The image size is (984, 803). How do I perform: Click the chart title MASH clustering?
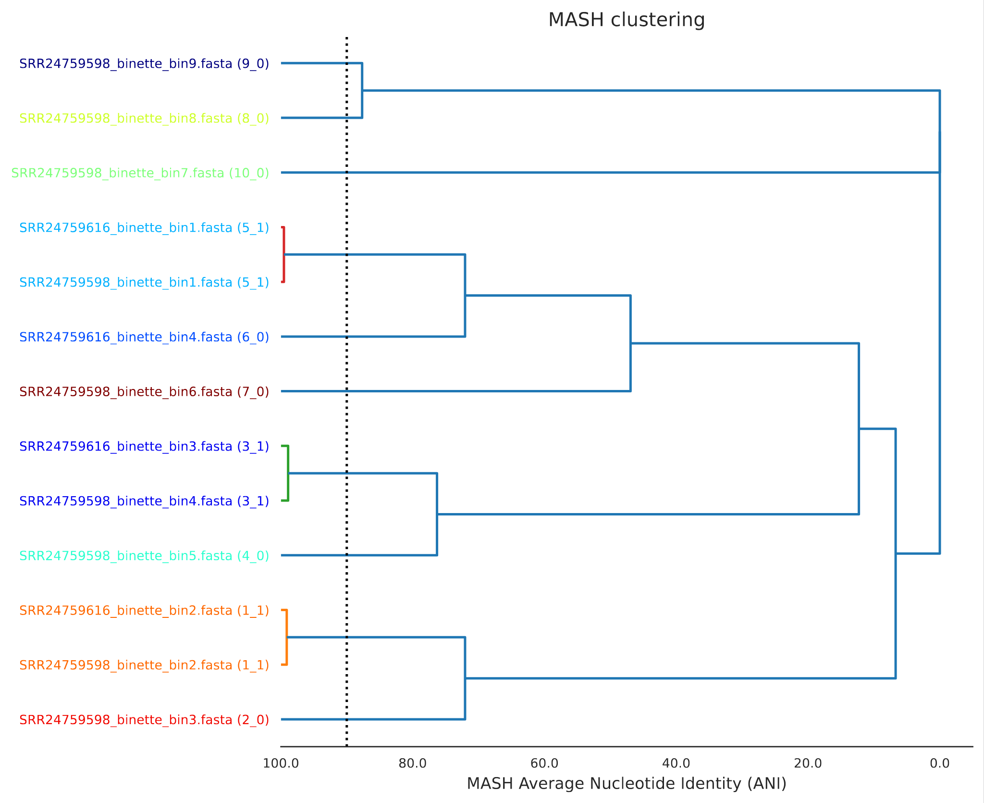(626, 20)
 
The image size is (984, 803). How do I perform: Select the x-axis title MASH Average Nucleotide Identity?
(626, 784)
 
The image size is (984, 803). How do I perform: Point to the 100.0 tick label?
(281, 764)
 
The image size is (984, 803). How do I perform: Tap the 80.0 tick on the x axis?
(412, 764)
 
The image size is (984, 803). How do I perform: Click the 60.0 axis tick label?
(544, 764)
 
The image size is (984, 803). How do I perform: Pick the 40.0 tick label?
(676, 764)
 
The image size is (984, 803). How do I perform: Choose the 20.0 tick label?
(808, 764)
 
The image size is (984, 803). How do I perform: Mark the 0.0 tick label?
(939, 764)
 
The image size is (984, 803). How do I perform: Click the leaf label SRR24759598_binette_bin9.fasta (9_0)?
(144, 63)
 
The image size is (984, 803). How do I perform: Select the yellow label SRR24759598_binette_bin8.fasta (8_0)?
(144, 118)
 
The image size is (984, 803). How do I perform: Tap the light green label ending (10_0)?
(140, 173)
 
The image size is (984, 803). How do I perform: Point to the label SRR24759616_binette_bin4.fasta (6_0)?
(144, 337)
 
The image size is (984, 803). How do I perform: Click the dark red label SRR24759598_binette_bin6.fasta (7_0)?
(144, 392)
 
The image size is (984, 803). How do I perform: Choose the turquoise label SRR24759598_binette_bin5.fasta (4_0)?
(144, 556)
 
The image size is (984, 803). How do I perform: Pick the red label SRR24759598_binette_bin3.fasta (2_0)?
(144, 720)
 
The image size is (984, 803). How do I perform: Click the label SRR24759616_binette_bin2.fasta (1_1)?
(144, 611)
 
